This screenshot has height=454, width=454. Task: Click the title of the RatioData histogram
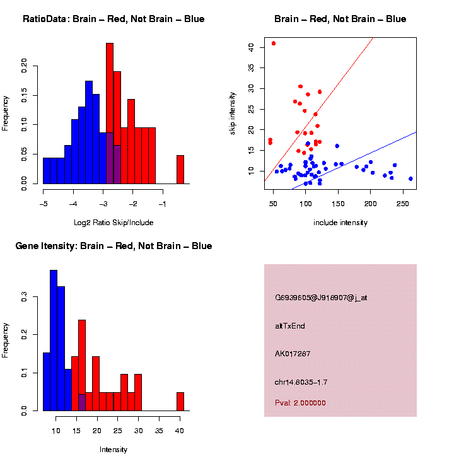click(x=113, y=19)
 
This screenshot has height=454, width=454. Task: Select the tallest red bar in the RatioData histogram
click(x=110, y=113)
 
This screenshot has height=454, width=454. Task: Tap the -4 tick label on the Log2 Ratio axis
click(x=73, y=204)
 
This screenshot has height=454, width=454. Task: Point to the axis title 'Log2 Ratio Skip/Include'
click(x=113, y=222)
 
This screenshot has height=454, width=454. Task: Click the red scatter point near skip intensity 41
click(x=274, y=44)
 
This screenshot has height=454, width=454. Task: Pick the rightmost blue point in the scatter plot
click(x=410, y=178)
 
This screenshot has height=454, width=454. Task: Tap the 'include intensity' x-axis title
click(x=340, y=223)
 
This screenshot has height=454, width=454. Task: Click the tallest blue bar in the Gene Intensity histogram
click(x=53, y=340)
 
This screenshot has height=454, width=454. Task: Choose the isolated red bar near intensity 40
click(x=180, y=401)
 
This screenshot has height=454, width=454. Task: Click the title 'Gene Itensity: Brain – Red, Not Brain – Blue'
click(x=113, y=246)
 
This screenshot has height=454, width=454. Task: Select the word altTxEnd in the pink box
click(x=290, y=326)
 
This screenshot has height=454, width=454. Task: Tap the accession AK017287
click(x=293, y=354)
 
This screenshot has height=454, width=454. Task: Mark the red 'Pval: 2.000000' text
click(x=300, y=402)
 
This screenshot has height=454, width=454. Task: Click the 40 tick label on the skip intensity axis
click(x=251, y=47)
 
